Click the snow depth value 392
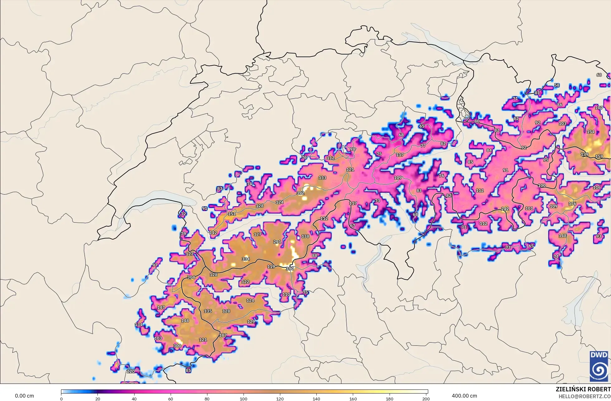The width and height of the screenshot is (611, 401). (300, 193)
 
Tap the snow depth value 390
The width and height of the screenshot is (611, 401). (290, 269)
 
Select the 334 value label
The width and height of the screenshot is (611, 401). (245, 259)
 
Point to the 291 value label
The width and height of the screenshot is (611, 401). (277, 242)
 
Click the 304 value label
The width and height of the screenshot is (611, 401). (191, 277)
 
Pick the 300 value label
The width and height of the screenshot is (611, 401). (177, 346)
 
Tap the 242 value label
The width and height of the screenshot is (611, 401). (505, 209)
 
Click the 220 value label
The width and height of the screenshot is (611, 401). (131, 371)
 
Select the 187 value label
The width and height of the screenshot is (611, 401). (223, 335)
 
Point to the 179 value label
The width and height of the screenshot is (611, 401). (585, 155)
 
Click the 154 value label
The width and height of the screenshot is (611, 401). (590, 132)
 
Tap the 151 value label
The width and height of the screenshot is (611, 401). (232, 214)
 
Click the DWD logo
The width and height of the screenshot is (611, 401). (599, 366)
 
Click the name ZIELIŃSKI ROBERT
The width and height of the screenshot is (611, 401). (583, 389)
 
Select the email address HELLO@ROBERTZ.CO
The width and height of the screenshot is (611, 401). (584, 396)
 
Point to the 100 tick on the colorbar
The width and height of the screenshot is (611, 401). (244, 399)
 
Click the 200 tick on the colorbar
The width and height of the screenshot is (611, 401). (426, 399)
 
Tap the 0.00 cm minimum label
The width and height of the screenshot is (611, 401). (24, 396)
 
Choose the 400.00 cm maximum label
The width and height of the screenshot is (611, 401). (464, 396)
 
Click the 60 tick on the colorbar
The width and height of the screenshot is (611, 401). (171, 399)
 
